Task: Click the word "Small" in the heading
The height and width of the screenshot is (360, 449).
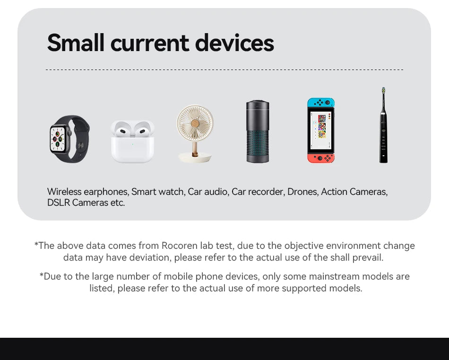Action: (x=76, y=43)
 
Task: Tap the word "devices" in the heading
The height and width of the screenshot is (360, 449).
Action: (x=234, y=43)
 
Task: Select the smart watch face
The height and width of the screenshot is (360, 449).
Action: (x=59, y=139)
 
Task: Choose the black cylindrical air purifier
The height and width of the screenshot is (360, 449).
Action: (x=258, y=132)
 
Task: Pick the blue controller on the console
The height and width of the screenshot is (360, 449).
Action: (x=321, y=103)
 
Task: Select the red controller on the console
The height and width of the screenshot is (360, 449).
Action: (x=321, y=158)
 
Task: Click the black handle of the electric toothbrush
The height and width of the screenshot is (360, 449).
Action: (x=383, y=137)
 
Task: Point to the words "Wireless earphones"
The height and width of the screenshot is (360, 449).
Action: (x=87, y=192)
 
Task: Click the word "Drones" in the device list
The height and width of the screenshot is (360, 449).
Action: (x=302, y=192)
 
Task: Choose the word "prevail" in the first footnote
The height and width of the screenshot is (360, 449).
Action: (x=367, y=257)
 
